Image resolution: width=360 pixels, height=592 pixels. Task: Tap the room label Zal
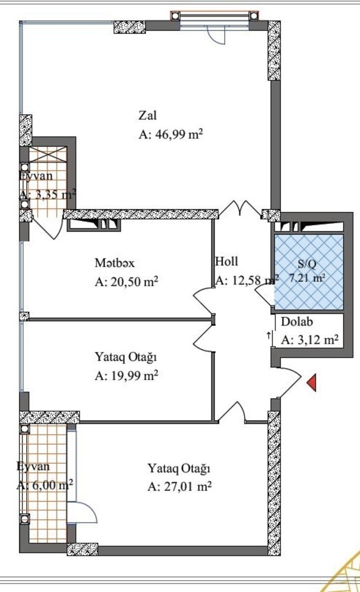147,115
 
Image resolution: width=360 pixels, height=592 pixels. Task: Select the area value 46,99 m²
179,134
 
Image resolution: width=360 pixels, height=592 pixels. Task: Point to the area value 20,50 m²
134,282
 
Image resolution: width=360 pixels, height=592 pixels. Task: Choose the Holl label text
227,261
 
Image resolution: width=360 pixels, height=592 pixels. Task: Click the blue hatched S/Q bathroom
309,272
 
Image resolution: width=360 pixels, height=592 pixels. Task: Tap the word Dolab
297,322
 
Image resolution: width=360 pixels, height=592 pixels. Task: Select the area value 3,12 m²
318,339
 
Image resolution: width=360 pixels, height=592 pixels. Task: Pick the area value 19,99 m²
134,375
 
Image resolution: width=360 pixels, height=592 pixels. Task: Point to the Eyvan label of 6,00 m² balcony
33,466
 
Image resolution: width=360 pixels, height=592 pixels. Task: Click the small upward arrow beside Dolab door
269,335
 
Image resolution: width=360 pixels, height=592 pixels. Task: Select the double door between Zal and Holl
240,209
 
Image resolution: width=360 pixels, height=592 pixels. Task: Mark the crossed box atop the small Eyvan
47,154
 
